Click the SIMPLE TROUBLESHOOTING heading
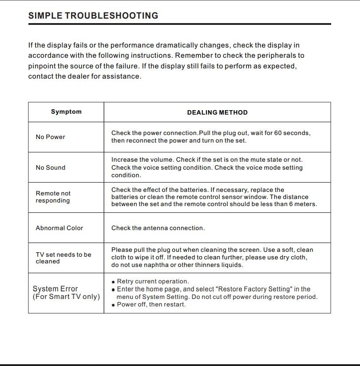point(93,16)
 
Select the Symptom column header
point(66,112)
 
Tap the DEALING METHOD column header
point(217,112)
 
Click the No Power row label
point(50,137)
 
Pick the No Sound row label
point(50,167)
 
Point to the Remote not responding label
point(53,197)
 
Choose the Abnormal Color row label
point(59,228)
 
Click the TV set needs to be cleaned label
point(63,258)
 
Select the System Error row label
point(66,293)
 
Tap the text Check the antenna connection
point(158,228)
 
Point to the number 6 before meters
point(290,204)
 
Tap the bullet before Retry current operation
point(114,282)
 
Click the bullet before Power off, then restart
point(114,305)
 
